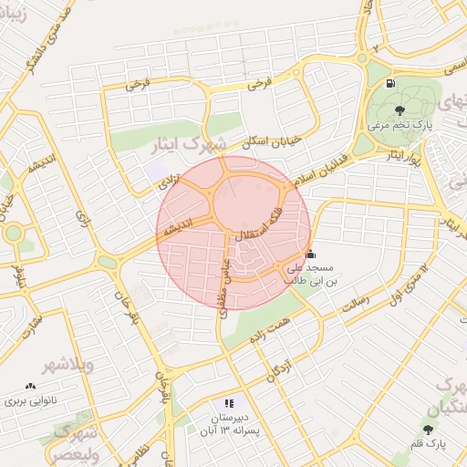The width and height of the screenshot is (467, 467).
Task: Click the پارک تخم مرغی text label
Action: point(400,123)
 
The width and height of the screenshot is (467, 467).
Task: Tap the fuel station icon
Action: point(391,84)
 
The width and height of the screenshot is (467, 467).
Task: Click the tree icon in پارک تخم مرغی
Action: point(400,109)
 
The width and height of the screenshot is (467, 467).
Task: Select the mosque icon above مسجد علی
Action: point(310,254)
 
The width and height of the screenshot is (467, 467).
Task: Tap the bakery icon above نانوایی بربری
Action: point(32,387)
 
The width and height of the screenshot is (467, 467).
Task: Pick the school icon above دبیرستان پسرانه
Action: point(229,402)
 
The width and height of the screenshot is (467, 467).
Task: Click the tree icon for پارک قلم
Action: point(429,429)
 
